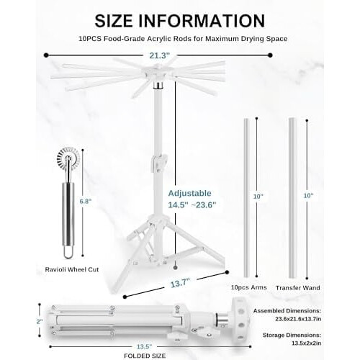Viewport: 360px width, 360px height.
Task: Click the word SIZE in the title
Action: point(114,21)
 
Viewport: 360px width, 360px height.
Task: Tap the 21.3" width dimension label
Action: point(160,55)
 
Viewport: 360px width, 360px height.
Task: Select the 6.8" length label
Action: point(86,201)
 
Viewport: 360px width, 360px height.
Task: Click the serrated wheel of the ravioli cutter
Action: point(68,158)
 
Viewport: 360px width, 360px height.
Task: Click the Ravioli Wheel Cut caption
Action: point(72,269)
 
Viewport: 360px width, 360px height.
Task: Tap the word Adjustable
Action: point(189,193)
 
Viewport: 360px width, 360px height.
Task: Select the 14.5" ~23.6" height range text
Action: point(192,205)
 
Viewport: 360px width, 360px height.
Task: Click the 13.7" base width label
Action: point(180,283)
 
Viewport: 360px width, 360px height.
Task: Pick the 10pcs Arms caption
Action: point(249,287)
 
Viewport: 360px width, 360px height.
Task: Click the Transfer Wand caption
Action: point(298,288)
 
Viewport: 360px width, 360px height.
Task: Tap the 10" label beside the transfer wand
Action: point(308,196)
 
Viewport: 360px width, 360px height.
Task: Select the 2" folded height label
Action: point(40,321)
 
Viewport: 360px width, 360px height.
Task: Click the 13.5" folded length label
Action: point(144,346)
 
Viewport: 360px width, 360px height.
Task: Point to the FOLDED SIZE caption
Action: point(145,356)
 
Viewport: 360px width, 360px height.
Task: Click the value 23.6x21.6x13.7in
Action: point(298,319)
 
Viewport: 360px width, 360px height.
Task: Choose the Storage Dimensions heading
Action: point(292,335)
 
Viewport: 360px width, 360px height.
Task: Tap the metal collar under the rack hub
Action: point(158,85)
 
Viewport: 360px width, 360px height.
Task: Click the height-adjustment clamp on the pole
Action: point(158,163)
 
